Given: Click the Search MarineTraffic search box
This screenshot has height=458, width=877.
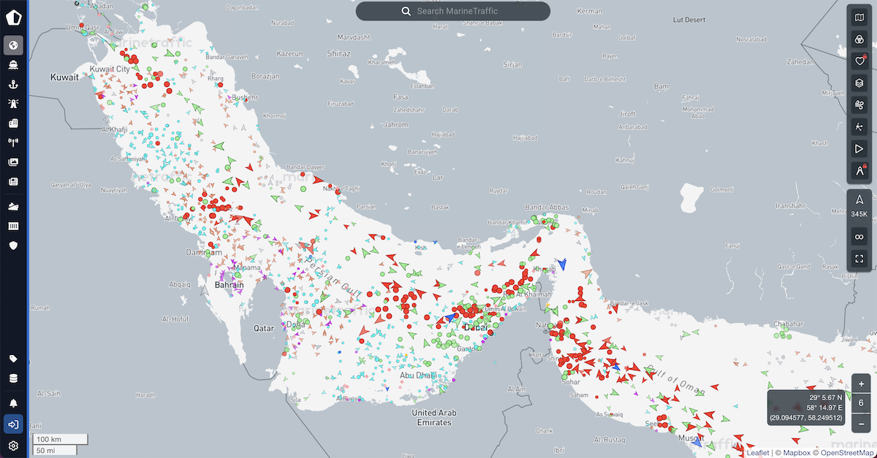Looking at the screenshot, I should [x=453, y=11].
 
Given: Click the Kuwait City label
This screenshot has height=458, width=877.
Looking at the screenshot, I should [x=109, y=69].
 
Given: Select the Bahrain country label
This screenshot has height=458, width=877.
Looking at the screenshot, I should [x=228, y=284].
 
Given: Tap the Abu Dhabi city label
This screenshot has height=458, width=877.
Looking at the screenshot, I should [x=418, y=375].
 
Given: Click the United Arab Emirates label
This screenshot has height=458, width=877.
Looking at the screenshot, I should [x=434, y=418].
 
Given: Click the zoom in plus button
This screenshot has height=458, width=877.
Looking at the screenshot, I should [x=862, y=384].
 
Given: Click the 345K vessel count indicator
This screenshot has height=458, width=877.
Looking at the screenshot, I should [x=859, y=214].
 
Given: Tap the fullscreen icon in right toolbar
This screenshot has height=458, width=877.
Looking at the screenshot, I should [x=859, y=258].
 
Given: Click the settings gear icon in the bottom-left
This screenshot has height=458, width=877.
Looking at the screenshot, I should [x=13, y=446].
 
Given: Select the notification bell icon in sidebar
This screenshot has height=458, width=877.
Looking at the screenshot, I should [x=13, y=402].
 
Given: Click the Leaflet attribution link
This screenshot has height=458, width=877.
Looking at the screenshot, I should [x=757, y=453].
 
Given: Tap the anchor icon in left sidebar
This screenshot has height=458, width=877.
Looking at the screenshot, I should [x=13, y=84].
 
